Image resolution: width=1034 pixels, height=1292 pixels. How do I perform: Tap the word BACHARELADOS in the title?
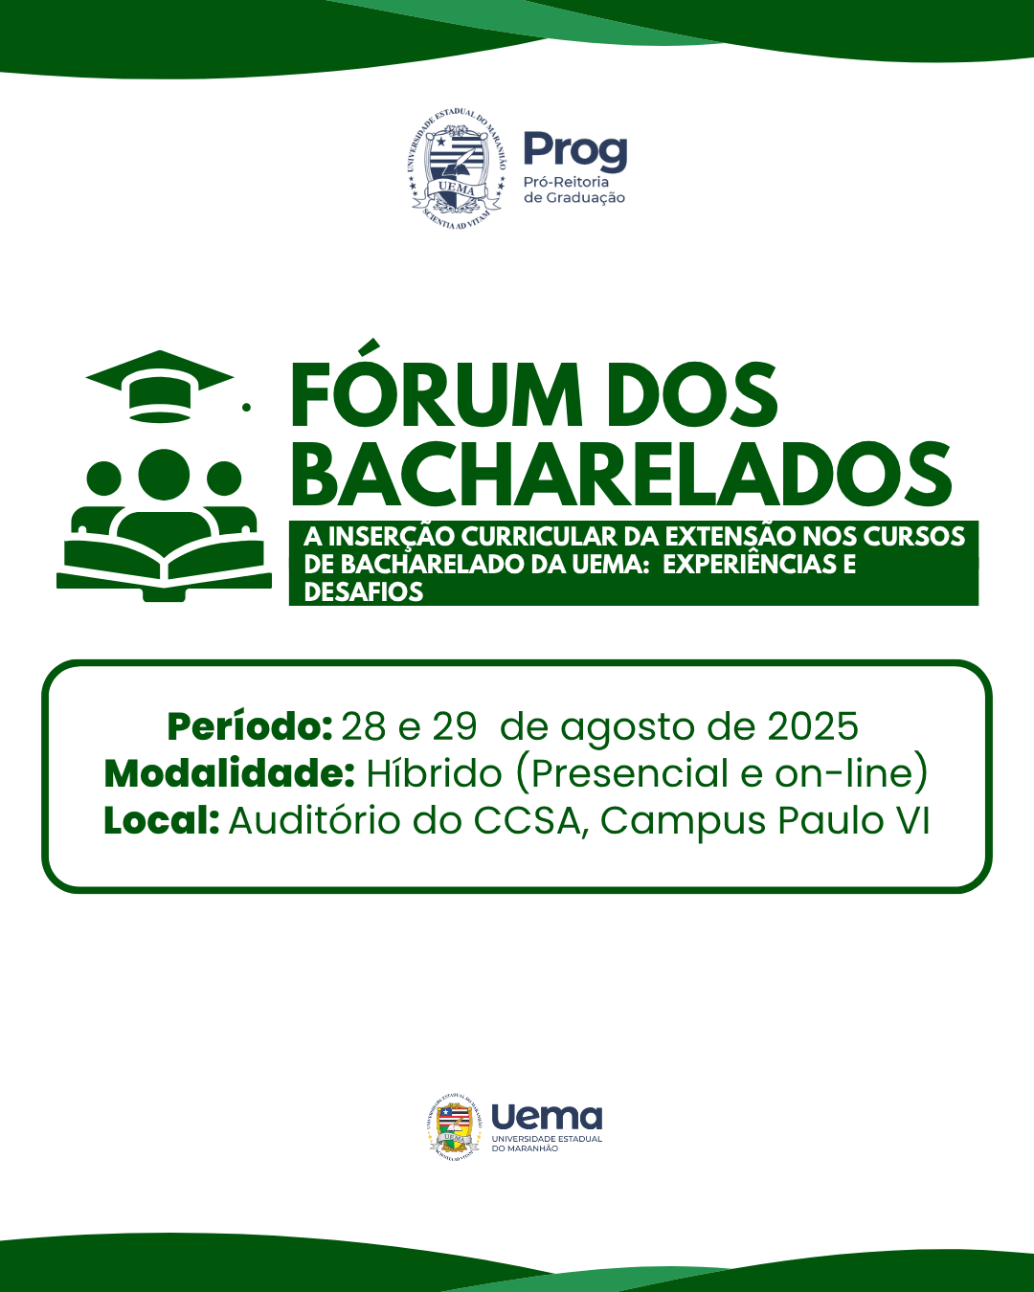pyautogui.click(x=621, y=475)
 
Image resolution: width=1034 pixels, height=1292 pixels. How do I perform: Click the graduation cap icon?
pyautogui.click(x=160, y=387)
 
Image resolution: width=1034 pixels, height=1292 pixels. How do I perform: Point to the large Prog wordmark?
pyautogui.click(x=575, y=151)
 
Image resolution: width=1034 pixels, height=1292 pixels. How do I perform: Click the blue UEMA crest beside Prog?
pyautogui.click(x=457, y=171)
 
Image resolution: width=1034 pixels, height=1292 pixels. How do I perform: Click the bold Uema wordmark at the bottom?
pyautogui.click(x=547, y=1117)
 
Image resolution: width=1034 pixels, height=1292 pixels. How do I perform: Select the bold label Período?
pyautogui.click(x=249, y=727)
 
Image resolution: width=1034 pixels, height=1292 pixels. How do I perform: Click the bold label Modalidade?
pyautogui.click(x=229, y=773)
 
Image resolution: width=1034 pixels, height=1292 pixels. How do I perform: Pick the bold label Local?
pyautogui.click(x=161, y=820)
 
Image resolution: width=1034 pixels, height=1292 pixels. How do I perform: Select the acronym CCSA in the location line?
pyautogui.click(x=527, y=820)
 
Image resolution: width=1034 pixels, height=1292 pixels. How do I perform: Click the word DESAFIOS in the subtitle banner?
pyautogui.click(x=364, y=592)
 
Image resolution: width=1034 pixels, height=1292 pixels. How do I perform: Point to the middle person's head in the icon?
pyautogui.click(x=164, y=475)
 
